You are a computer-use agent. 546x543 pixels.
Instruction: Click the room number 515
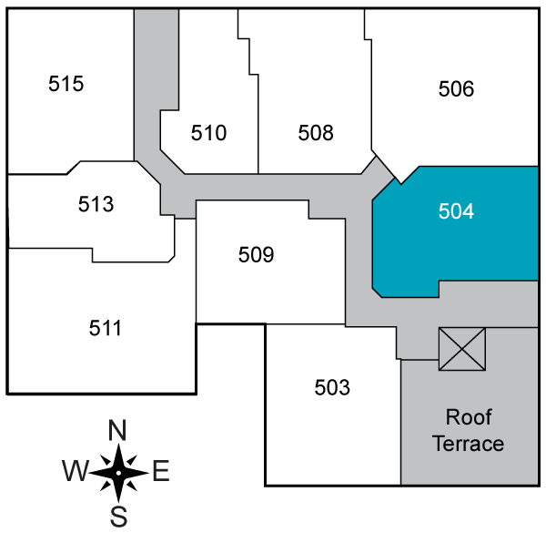click(x=66, y=84)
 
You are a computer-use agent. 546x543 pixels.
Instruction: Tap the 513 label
click(x=96, y=204)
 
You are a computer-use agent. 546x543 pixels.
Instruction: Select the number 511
click(x=106, y=327)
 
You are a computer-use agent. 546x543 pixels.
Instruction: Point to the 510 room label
click(x=208, y=133)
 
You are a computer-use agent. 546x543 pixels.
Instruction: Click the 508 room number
click(x=316, y=133)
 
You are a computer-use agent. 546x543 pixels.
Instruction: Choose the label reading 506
click(x=456, y=89)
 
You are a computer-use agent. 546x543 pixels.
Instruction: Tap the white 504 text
click(x=456, y=211)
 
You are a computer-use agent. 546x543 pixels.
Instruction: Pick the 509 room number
click(x=256, y=254)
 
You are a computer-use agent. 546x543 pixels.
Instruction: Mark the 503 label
click(x=332, y=388)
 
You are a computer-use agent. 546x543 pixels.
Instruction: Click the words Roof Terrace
click(x=468, y=431)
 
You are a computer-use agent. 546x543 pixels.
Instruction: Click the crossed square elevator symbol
click(x=461, y=349)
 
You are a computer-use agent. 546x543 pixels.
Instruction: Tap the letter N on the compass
click(x=117, y=430)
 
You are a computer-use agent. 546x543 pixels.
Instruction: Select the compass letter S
click(x=118, y=517)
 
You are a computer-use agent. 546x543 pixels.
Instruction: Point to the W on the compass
click(x=75, y=472)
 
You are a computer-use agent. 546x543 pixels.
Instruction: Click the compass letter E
click(x=161, y=472)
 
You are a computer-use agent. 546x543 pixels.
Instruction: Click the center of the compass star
click(x=118, y=472)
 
